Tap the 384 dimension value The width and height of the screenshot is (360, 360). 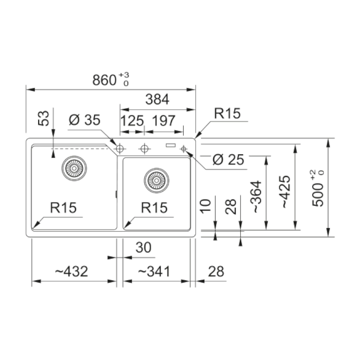(157, 99)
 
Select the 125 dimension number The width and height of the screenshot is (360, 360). (132, 121)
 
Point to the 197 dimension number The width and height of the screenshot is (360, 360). (163, 121)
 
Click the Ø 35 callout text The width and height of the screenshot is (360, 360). (85, 120)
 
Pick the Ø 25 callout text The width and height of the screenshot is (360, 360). (228, 159)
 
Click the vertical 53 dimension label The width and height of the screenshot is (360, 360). (43, 118)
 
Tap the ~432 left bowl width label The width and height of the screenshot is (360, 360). (72, 271)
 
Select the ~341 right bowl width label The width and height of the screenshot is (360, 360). (154, 271)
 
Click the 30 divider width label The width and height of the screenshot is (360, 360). (144, 247)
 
